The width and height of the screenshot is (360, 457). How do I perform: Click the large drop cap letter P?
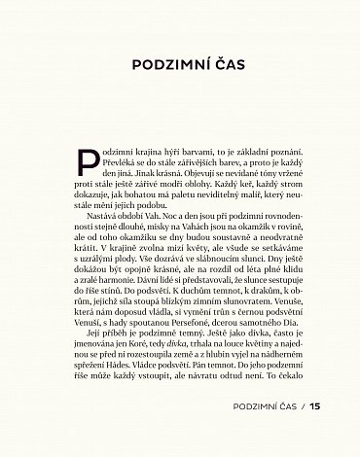(87, 162)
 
